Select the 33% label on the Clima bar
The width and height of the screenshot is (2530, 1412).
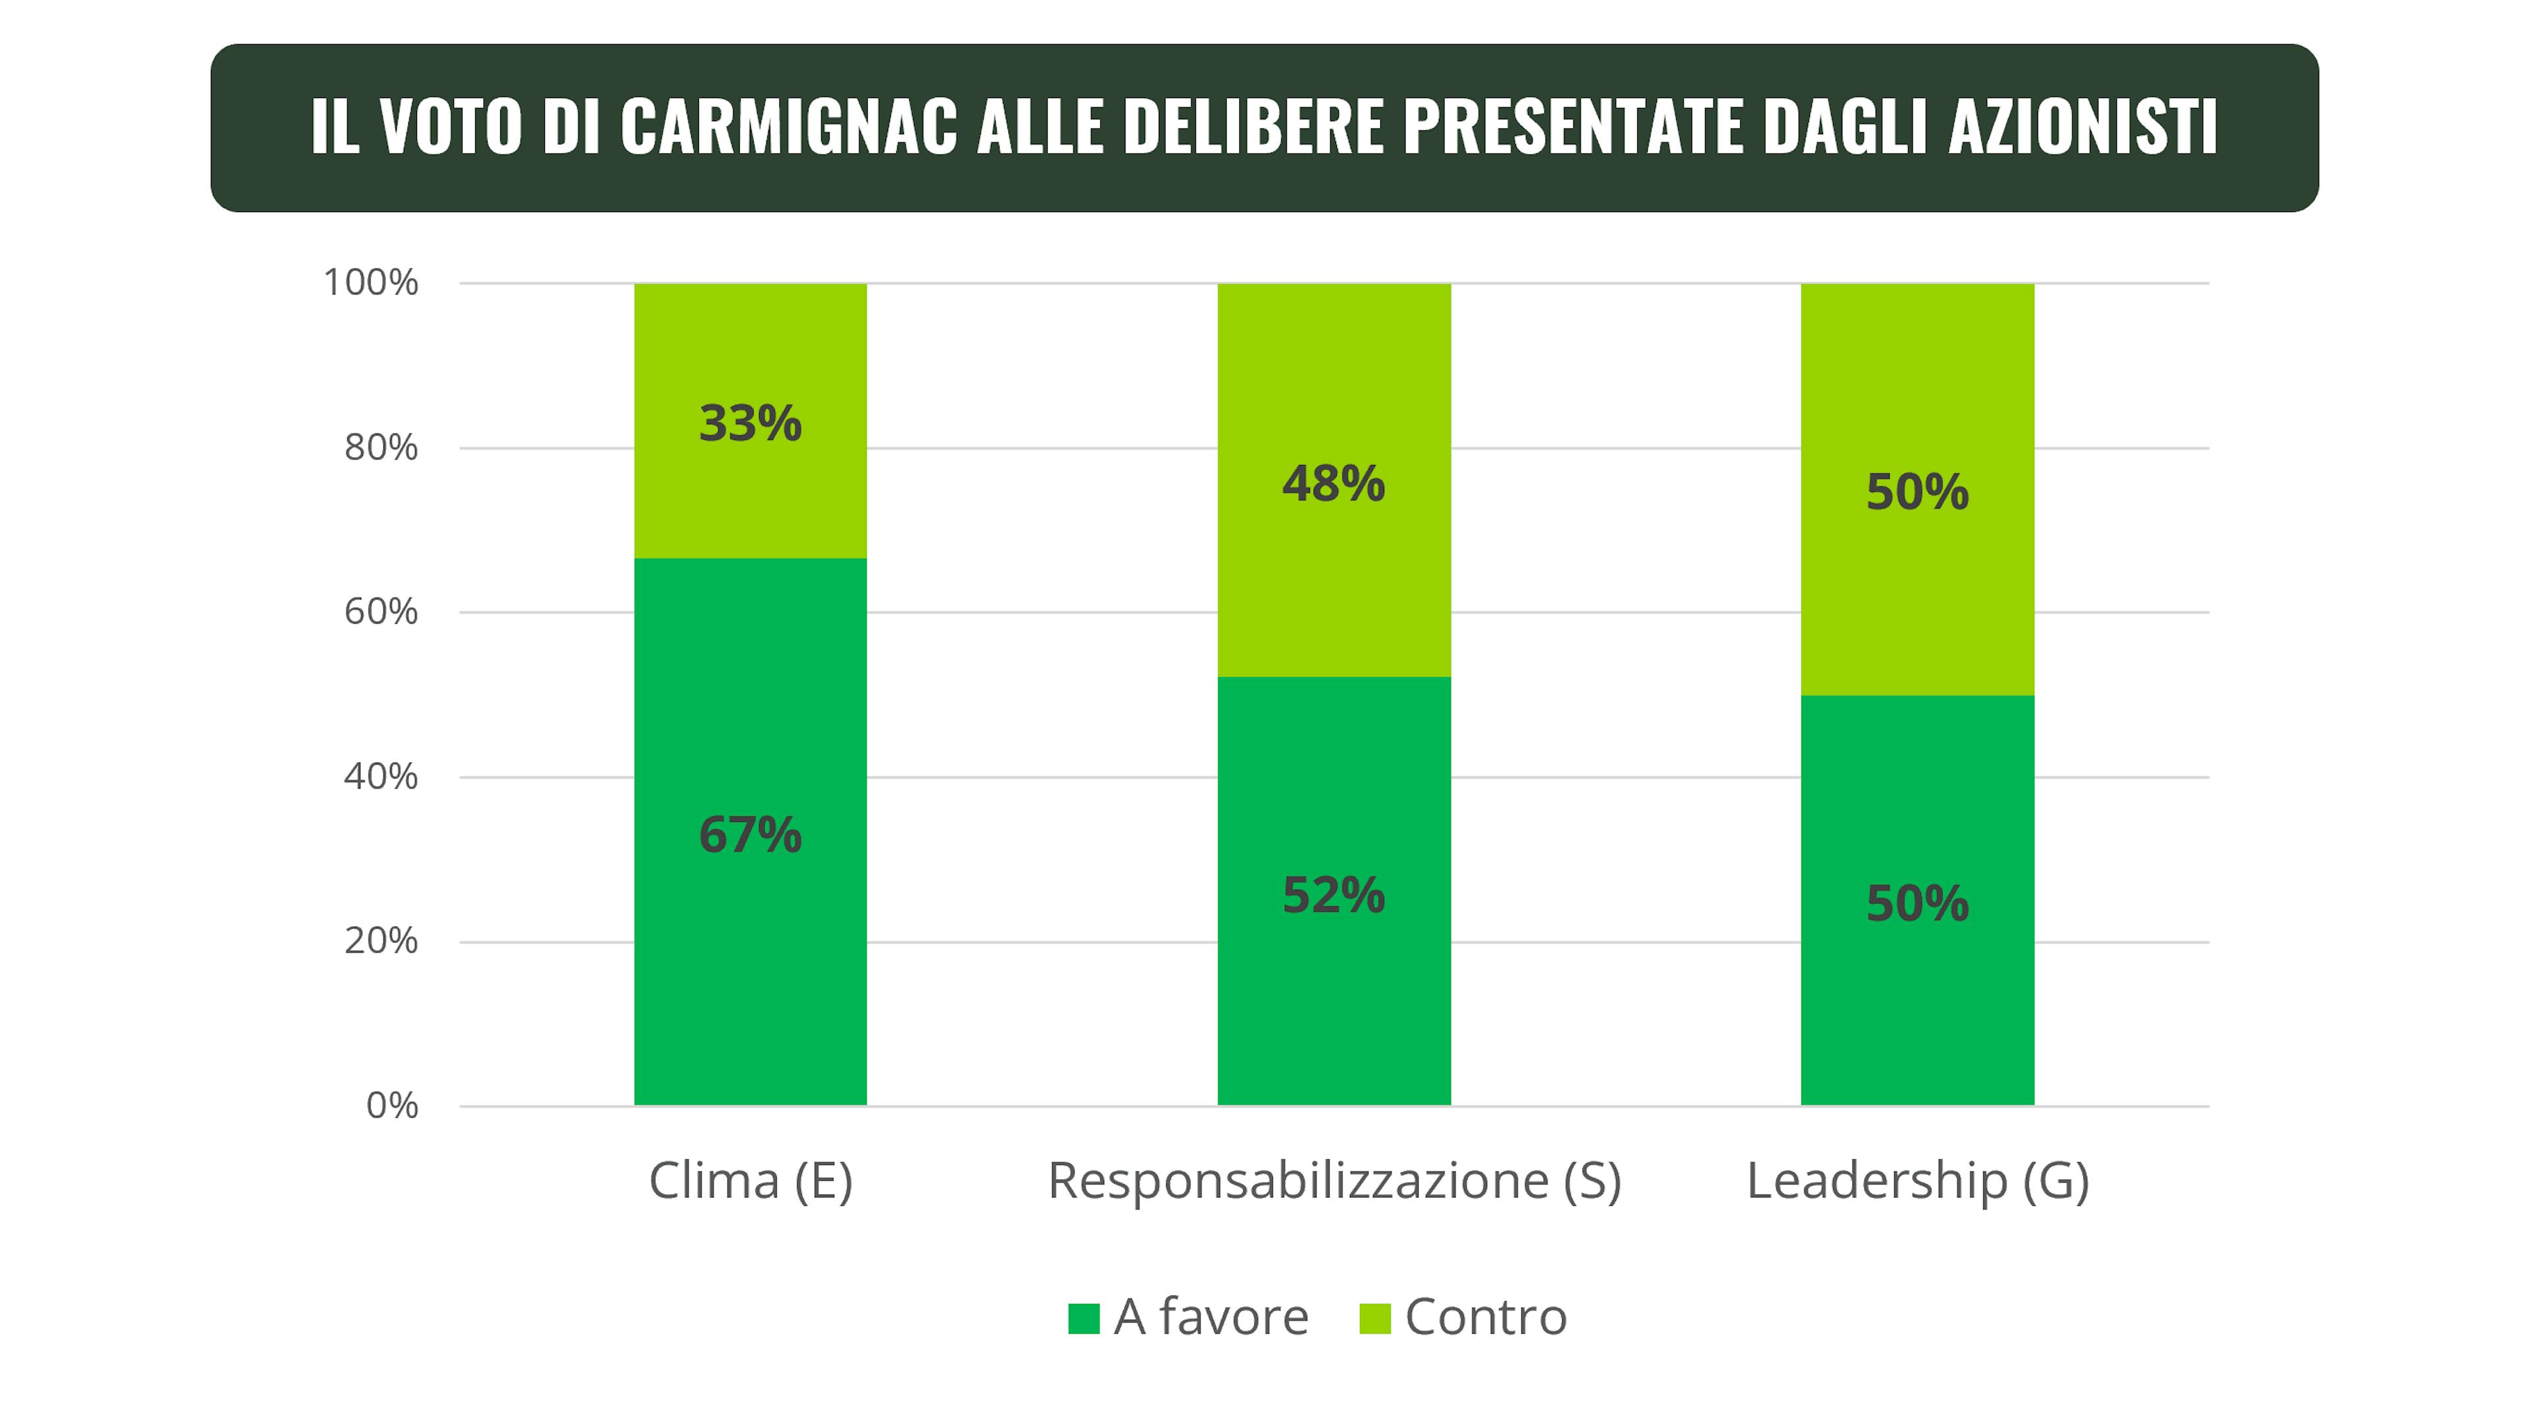750,423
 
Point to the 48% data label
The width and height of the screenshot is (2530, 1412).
1334,483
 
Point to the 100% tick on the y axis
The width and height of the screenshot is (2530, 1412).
371,283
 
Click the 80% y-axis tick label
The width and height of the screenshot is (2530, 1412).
381,448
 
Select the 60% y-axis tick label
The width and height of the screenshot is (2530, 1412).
381,612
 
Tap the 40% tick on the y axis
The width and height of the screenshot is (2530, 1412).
381,776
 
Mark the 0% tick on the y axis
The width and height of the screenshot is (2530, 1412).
392,1106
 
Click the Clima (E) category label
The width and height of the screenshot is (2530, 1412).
750,1180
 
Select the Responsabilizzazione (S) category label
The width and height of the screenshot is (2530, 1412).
1334,1180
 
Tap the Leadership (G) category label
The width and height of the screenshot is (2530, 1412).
1917,1180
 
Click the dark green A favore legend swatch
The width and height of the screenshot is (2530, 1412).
1083,1318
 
